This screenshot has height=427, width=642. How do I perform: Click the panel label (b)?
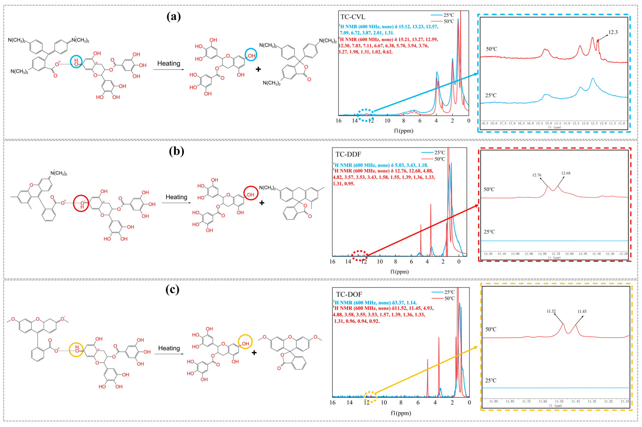tap(176, 151)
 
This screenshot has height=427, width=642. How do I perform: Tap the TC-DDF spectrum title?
tap(348, 154)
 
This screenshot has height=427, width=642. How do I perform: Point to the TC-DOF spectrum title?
tap(349, 294)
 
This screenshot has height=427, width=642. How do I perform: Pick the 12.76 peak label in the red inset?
tap(537, 175)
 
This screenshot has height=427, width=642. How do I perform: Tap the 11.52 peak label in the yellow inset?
tap(551, 311)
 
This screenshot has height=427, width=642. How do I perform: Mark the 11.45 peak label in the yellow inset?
tap(582, 311)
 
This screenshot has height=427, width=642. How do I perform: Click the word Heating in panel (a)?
tap(169, 63)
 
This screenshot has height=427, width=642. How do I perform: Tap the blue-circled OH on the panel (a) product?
tap(251, 56)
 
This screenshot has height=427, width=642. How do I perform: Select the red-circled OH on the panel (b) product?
tap(251, 194)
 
